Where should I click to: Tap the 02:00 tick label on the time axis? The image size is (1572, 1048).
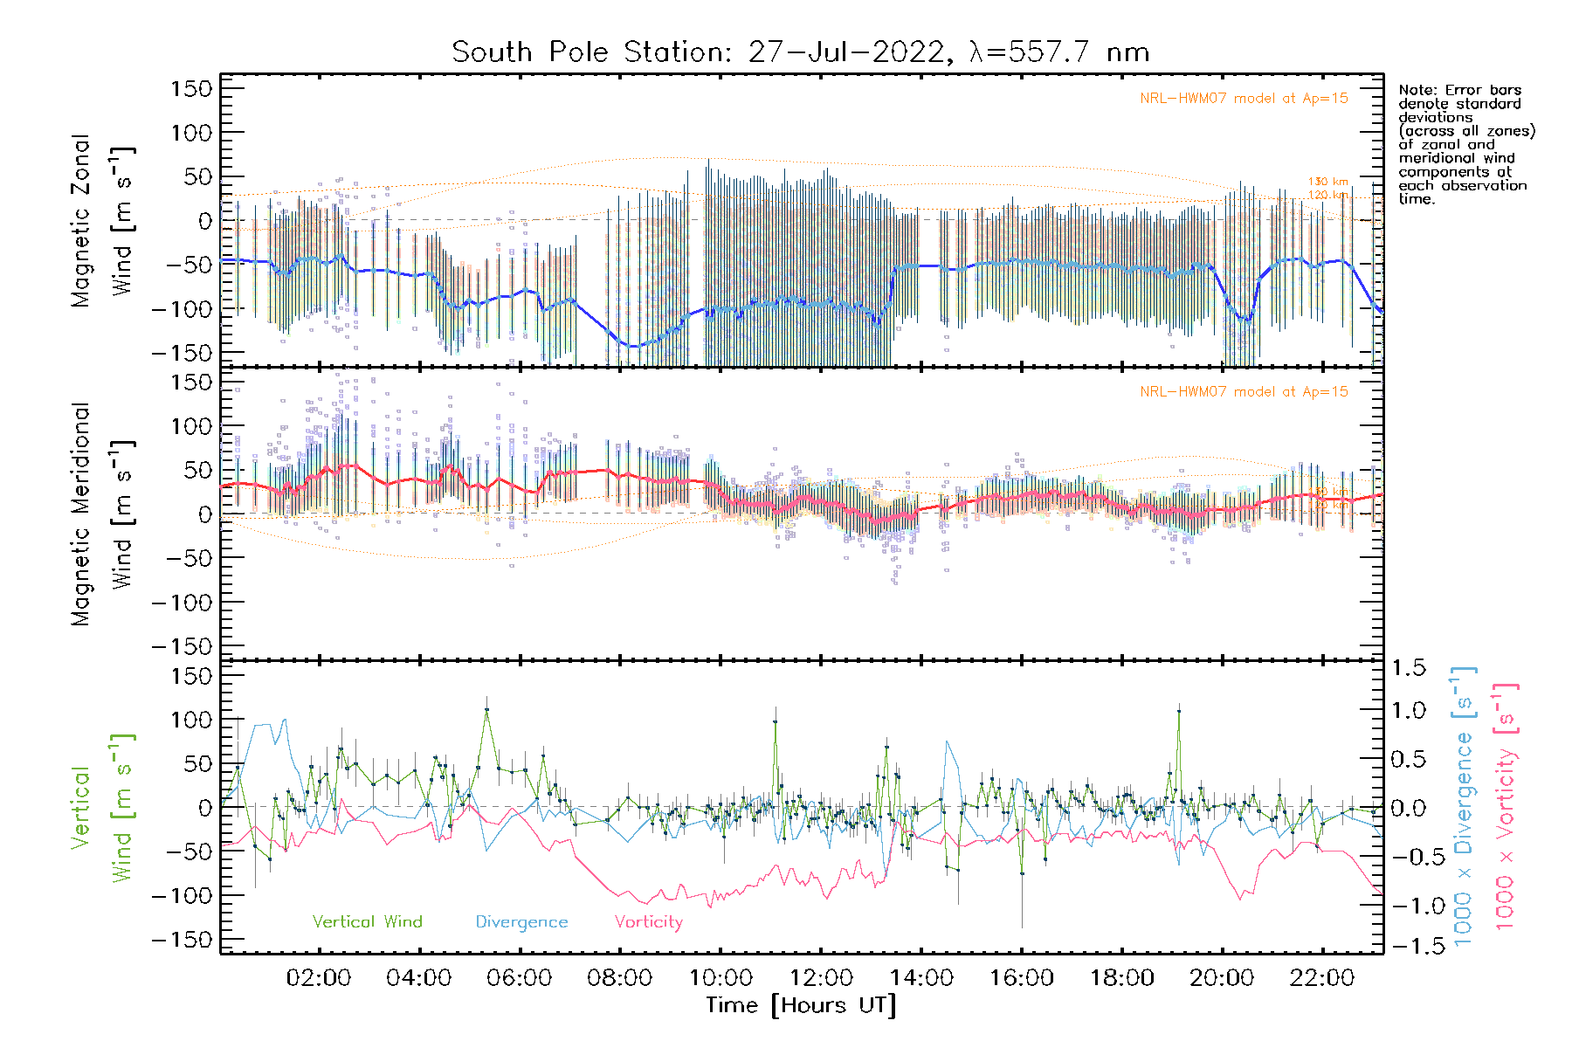pyautogui.click(x=319, y=978)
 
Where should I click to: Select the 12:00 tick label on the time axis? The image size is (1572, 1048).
pyautogui.click(x=821, y=978)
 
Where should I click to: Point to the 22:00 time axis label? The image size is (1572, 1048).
pyautogui.click(x=1322, y=978)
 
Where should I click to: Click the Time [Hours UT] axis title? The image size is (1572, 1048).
pyautogui.click(x=801, y=1005)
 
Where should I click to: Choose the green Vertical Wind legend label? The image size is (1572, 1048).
pyautogui.click(x=367, y=921)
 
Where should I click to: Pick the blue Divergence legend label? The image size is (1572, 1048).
pyautogui.click(x=521, y=921)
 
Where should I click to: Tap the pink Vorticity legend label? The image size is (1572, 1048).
pyautogui.click(x=648, y=921)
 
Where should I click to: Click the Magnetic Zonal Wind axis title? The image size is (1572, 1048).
pyautogui.click(x=103, y=221)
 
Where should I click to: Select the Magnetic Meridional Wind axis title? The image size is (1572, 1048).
pyautogui.click(x=103, y=514)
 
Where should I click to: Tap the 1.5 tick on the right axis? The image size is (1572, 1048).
pyautogui.click(x=1408, y=668)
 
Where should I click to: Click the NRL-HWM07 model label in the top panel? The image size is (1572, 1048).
pyautogui.click(x=1244, y=99)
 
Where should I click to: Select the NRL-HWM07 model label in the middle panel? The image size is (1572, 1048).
pyautogui.click(x=1244, y=392)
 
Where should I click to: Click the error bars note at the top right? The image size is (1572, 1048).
pyautogui.click(x=1465, y=144)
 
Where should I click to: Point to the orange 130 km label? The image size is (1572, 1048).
pyautogui.click(x=1327, y=182)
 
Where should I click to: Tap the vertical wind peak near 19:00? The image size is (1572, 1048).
pyautogui.click(x=1179, y=711)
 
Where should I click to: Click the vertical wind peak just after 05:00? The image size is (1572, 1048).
pyautogui.click(x=486, y=709)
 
